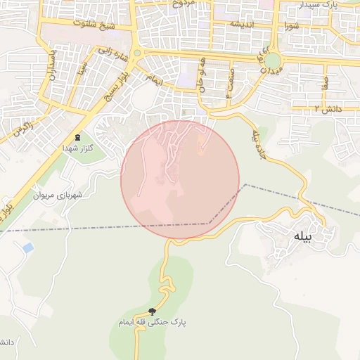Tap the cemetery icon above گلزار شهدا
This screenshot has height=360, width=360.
77,137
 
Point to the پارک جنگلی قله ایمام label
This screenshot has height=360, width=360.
153,321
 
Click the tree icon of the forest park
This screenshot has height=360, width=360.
153,311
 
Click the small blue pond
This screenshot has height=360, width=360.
28,247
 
